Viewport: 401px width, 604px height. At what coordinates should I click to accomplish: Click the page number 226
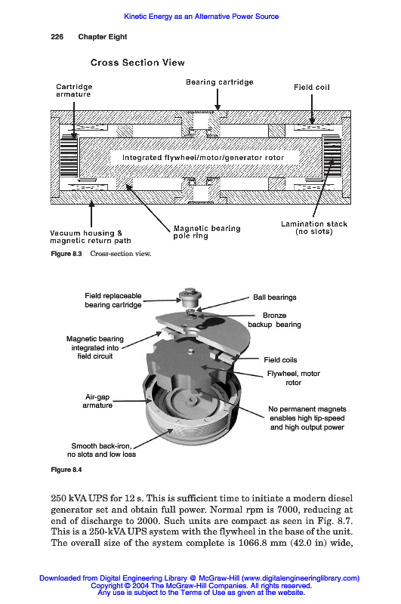pyautogui.click(x=57, y=37)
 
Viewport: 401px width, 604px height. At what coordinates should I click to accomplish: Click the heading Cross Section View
pyautogui.click(x=137, y=63)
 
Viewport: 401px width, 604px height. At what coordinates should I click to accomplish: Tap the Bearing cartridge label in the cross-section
pyautogui.click(x=220, y=82)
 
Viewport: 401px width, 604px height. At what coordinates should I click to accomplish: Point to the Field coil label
pyautogui.click(x=312, y=88)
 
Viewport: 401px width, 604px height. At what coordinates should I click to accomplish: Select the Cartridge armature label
pyautogui.click(x=74, y=91)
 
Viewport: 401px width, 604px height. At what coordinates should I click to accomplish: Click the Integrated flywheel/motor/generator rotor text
pyautogui.click(x=203, y=158)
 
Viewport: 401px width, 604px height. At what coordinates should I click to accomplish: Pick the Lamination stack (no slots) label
pyautogui.click(x=314, y=228)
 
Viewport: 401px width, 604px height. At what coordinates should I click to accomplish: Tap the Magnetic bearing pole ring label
pyautogui.click(x=207, y=232)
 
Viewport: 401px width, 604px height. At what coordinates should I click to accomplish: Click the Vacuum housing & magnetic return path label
pyautogui.click(x=91, y=237)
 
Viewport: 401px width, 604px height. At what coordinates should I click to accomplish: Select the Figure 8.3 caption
pyautogui.click(x=101, y=254)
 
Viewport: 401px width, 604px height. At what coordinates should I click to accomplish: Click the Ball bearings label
pyautogui.click(x=275, y=297)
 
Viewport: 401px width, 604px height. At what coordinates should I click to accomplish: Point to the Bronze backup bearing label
pyautogui.click(x=274, y=319)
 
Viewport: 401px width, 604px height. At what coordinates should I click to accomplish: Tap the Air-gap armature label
pyautogui.click(x=97, y=401)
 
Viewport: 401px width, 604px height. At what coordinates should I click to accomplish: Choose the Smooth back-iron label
pyautogui.click(x=101, y=450)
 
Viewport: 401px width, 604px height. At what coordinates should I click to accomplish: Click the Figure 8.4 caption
pyautogui.click(x=66, y=470)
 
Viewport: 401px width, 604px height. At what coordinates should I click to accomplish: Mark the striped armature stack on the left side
pyautogui.click(x=69, y=156)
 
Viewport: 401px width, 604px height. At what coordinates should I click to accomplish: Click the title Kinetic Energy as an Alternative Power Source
pyautogui.click(x=201, y=17)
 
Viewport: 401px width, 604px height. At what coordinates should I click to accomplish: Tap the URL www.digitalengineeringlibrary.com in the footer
pyautogui.click(x=300, y=578)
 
